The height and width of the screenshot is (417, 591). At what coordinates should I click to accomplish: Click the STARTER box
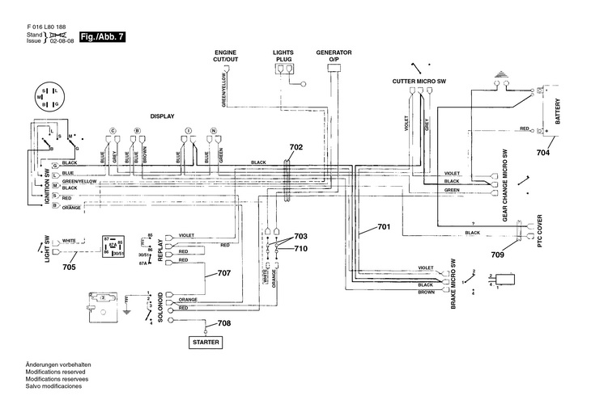click(x=206, y=342)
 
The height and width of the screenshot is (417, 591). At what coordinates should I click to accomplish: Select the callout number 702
click(x=295, y=147)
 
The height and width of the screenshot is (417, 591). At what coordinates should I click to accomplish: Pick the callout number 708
click(x=223, y=323)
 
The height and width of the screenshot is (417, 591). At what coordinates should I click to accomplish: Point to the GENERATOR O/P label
click(x=334, y=56)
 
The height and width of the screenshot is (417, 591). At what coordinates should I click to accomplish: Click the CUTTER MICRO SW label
click(x=419, y=82)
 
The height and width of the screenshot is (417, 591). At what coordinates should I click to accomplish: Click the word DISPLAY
click(x=162, y=116)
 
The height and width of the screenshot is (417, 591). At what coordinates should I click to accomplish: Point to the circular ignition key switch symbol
click(x=52, y=98)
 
